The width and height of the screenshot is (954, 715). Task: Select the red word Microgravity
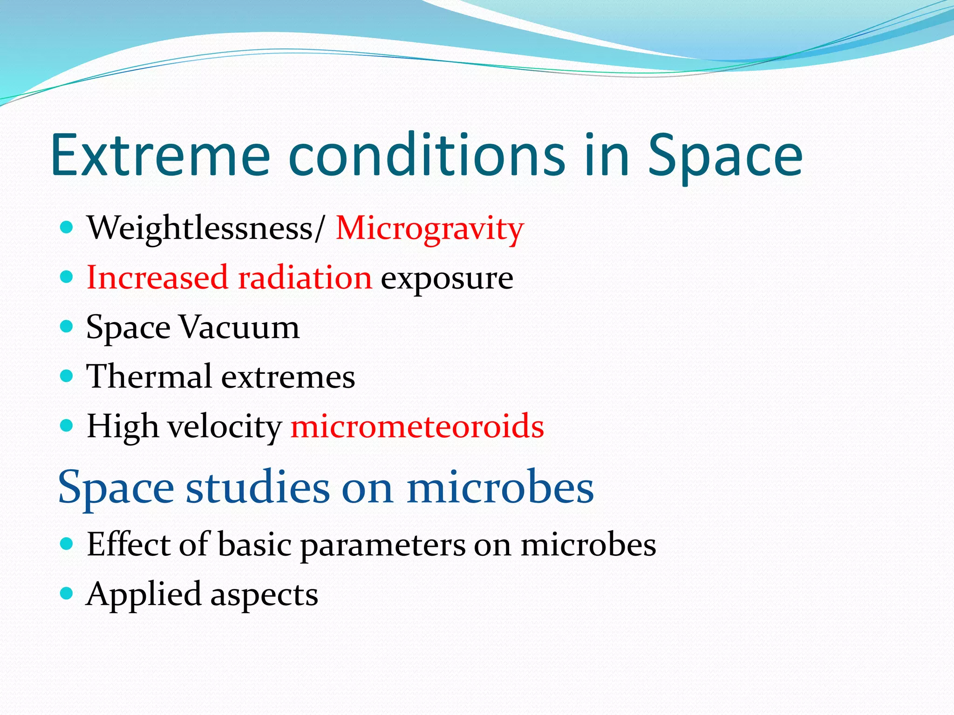coord(429,229)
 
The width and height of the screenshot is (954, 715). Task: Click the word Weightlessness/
coord(205,229)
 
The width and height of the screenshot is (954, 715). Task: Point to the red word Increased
coord(157,278)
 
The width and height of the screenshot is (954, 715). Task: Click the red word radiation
coord(305,278)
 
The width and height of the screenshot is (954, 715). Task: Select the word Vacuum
coord(239,327)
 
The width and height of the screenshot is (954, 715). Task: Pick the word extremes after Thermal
coord(288,377)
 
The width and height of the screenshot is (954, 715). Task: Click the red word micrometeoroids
coord(417,426)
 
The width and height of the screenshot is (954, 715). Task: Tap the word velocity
coord(225,426)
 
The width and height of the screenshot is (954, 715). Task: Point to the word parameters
coord(382,545)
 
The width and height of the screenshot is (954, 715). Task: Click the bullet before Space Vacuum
coord(67,326)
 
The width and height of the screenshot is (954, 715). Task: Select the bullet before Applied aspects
coord(67,593)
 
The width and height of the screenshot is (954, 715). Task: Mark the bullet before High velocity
coord(67,425)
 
